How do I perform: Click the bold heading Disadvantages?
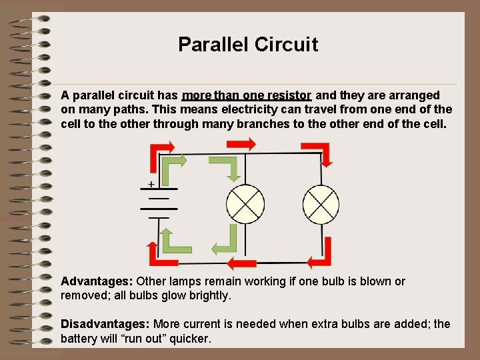click(105, 324)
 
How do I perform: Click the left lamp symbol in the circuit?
click(246, 203)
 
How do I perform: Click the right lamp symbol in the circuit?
click(321, 203)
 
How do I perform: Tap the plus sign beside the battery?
click(151, 183)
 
